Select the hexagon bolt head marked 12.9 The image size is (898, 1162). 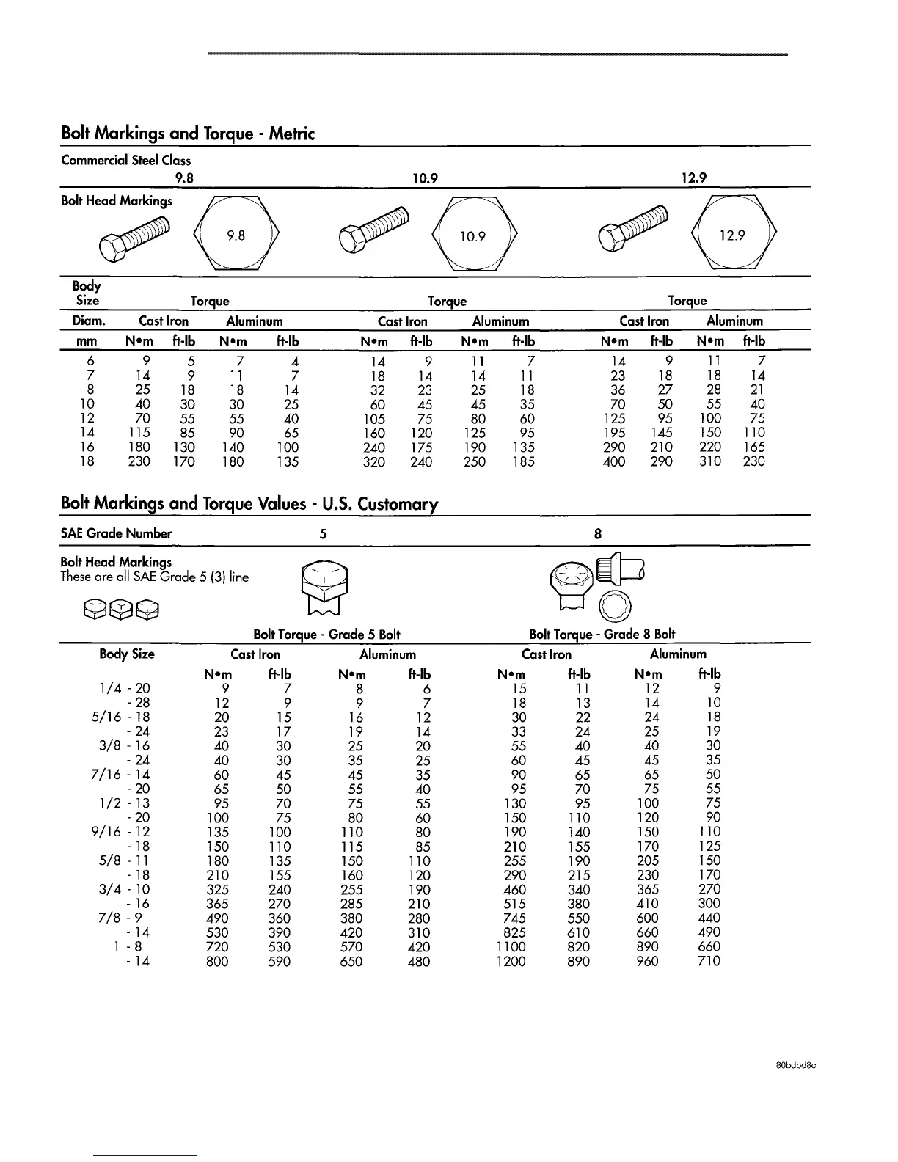tap(732, 235)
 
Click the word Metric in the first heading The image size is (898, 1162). tap(292, 134)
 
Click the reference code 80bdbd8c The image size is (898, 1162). tap(796, 1067)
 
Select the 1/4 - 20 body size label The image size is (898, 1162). tap(124, 688)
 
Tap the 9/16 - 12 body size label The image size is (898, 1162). tap(124, 832)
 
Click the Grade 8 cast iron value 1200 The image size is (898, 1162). tap(511, 962)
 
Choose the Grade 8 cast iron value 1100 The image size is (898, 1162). tap(511, 947)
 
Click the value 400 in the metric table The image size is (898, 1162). tap(614, 461)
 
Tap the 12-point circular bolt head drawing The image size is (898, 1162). tap(612, 605)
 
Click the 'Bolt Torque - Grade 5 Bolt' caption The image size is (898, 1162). tap(326, 635)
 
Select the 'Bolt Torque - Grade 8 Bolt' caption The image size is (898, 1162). tap(602, 635)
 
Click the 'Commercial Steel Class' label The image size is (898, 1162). tap(125, 160)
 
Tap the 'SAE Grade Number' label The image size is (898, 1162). tap(116, 533)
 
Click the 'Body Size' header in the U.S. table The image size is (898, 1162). tap(127, 654)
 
